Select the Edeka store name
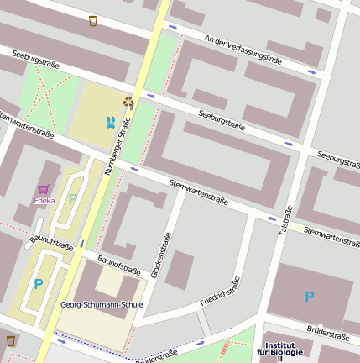coord(44,200)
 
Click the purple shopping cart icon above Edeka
coord(44,189)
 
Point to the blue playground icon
coord(111,123)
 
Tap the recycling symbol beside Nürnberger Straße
coord(128,103)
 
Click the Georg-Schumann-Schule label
coord(102,304)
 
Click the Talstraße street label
coord(286,220)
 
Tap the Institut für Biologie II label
coord(280,352)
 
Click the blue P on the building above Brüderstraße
coord(309,297)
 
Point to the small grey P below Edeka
coord(72,198)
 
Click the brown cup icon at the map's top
coord(92,20)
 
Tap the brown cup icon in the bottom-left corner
coord(11,341)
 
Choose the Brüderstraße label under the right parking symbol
coord(328,334)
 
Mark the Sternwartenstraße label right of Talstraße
coord(332,236)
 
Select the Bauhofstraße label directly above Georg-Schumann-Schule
coord(119,265)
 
